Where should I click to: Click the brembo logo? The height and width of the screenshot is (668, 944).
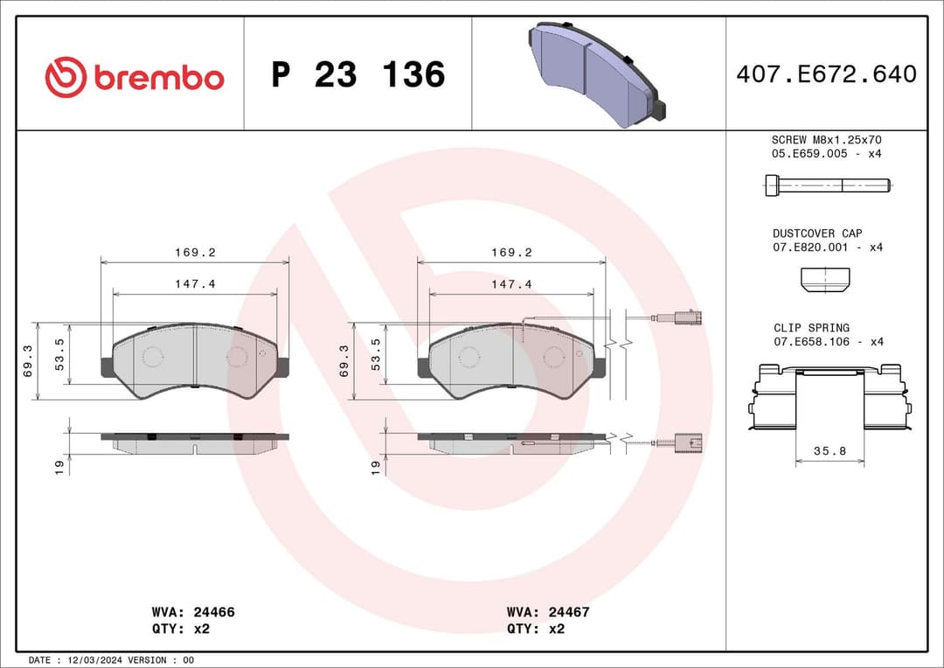[x=134, y=77]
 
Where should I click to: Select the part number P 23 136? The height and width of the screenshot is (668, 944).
[x=357, y=75]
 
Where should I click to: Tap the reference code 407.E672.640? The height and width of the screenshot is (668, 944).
[x=826, y=74]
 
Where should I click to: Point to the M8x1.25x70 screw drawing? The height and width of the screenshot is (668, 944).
[x=827, y=184]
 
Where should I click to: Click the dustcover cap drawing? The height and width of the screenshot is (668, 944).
[x=824, y=279]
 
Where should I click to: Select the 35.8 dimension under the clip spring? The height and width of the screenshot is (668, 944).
[x=830, y=452]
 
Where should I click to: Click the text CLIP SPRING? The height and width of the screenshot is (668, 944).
[x=811, y=328]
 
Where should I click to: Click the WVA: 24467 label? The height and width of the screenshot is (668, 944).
[x=548, y=612]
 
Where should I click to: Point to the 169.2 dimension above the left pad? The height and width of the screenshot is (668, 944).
[x=194, y=252]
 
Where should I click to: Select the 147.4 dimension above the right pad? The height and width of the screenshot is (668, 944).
[x=511, y=284]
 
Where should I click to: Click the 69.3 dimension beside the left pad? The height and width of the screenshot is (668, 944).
[x=28, y=360]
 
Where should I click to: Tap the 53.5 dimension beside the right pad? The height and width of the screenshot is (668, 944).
[x=376, y=354]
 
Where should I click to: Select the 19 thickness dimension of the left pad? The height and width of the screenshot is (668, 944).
[x=59, y=468]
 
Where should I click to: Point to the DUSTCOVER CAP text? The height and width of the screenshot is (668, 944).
[x=816, y=233]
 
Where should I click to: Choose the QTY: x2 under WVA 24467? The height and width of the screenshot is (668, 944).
[x=535, y=628]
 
